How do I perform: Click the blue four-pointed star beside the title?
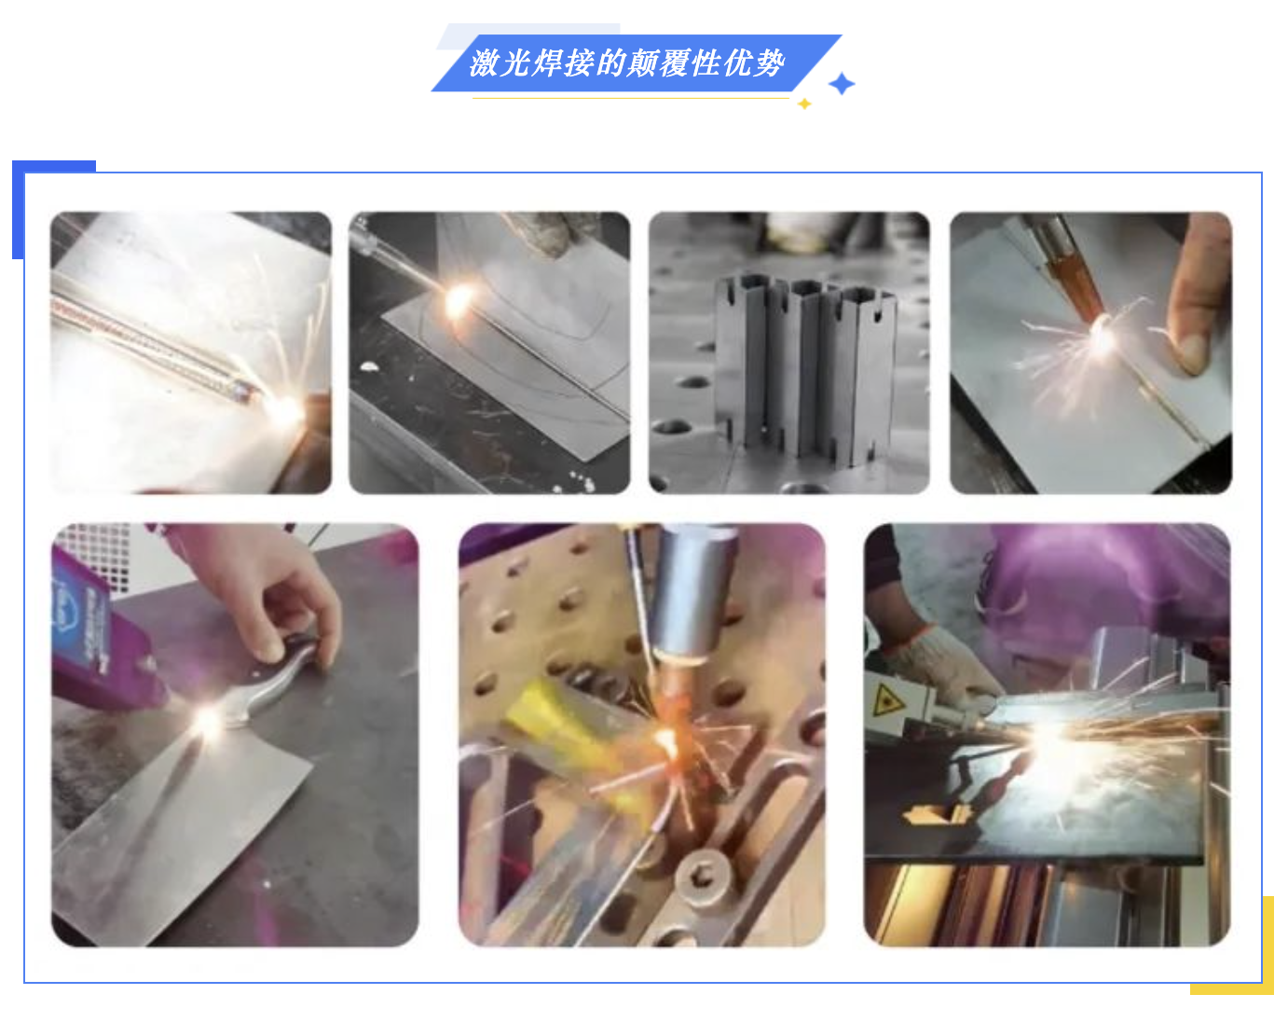tap(841, 84)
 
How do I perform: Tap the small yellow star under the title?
tap(804, 104)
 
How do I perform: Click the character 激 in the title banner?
tap(484, 62)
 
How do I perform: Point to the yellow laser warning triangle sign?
tap(887, 698)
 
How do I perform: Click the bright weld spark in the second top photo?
tap(459, 301)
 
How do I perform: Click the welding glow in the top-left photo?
tap(286, 411)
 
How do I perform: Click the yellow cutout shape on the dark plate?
tap(938, 815)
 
